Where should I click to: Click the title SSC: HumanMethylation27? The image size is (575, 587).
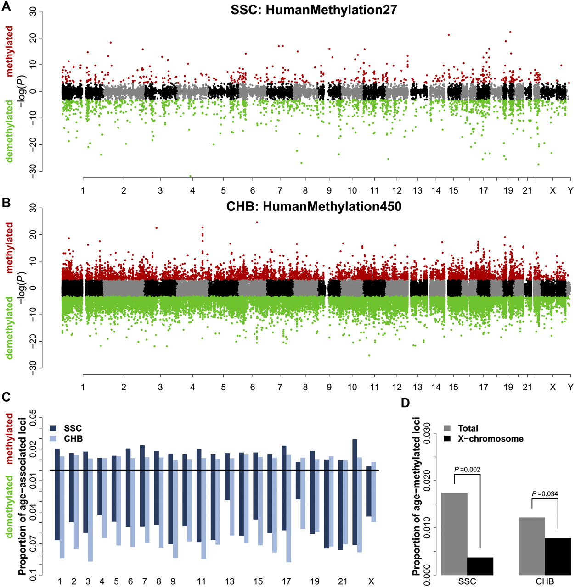(x=314, y=10)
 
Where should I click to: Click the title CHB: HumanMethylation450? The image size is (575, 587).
(x=314, y=206)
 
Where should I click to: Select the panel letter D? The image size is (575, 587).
(x=406, y=403)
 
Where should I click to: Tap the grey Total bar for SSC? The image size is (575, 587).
(x=454, y=534)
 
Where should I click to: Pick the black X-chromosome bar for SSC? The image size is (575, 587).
(x=480, y=566)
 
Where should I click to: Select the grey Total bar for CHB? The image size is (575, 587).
(x=532, y=546)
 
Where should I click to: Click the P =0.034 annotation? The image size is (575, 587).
(x=545, y=494)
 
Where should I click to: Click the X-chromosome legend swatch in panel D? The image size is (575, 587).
(x=447, y=439)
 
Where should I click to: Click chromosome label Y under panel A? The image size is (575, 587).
(x=570, y=190)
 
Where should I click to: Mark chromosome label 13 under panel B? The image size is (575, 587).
(x=417, y=387)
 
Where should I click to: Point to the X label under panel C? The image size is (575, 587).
(x=371, y=581)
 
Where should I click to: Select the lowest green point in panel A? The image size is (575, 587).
(x=191, y=176)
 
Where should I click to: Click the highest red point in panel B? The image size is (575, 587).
(x=257, y=222)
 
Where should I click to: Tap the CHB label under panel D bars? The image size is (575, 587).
(x=545, y=581)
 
